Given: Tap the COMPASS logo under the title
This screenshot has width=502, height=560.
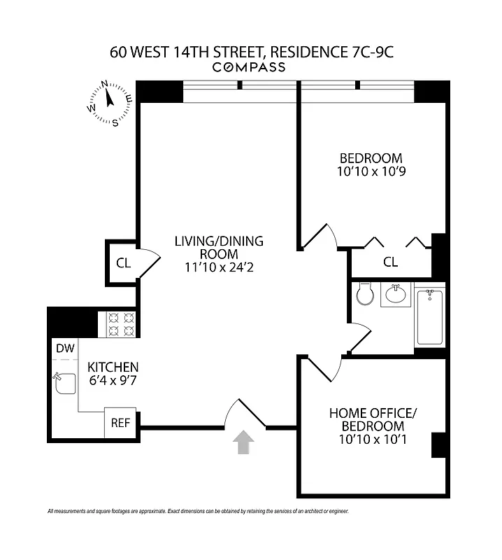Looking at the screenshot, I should point(248,67).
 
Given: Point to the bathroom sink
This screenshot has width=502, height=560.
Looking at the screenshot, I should point(396,295).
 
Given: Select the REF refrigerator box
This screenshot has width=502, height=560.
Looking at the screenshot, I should point(120,423).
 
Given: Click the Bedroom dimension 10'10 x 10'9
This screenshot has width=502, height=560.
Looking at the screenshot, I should point(371,171).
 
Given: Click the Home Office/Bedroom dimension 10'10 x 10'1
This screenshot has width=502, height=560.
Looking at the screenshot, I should point(372,440).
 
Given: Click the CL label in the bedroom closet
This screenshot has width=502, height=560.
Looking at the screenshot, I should point(390,262).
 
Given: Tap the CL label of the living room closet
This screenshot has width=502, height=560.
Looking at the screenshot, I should point(123,263).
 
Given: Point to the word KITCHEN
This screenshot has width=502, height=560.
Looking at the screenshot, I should point(113,367).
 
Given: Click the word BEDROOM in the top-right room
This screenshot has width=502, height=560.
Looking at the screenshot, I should point(371,157).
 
